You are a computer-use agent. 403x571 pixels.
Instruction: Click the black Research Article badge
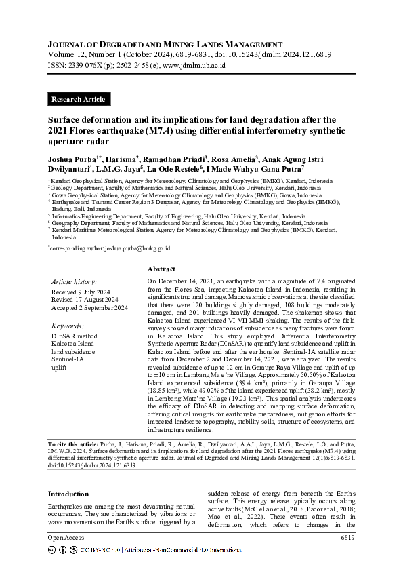click(x=79, y=99)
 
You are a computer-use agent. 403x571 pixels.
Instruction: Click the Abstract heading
click(x=161, y=269)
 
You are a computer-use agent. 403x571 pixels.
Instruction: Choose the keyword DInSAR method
click(x=74, y=335)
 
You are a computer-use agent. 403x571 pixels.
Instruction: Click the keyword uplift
click(x=60, y=368)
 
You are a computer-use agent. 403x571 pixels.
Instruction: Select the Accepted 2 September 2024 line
click(x=89, y=308)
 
